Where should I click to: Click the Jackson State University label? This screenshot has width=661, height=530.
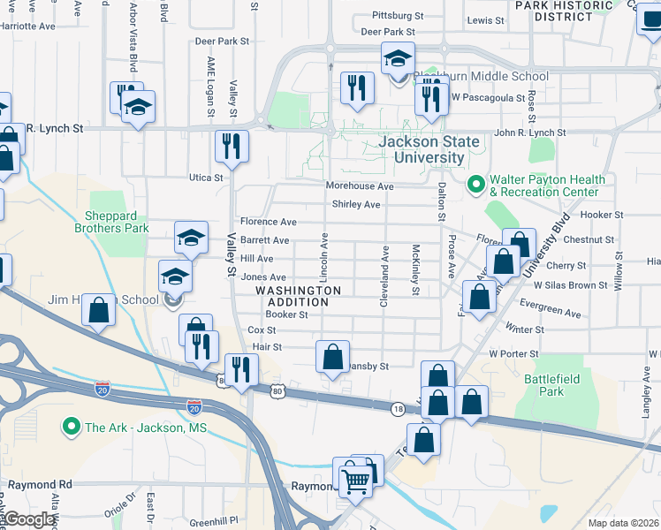pyautogui.click(x=429, y=149)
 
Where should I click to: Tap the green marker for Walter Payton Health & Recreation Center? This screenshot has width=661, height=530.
pyautogui.click(x=476, y=185)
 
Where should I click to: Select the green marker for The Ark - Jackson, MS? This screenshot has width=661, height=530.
pyautogui.click(x=72, y=428)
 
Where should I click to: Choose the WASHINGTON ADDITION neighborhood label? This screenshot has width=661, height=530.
pyautogui.click(x=299, y=296)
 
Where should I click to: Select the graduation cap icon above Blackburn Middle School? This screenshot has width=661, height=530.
pyautogui.click(x=398, y=60)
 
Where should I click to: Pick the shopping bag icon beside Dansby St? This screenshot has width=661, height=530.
pyautogui.click(x=333, y=358)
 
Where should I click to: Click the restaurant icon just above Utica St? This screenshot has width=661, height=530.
pyautogui.click(x=232, y=148)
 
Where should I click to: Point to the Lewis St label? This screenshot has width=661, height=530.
pyautogui.click(x=485, y=19)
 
